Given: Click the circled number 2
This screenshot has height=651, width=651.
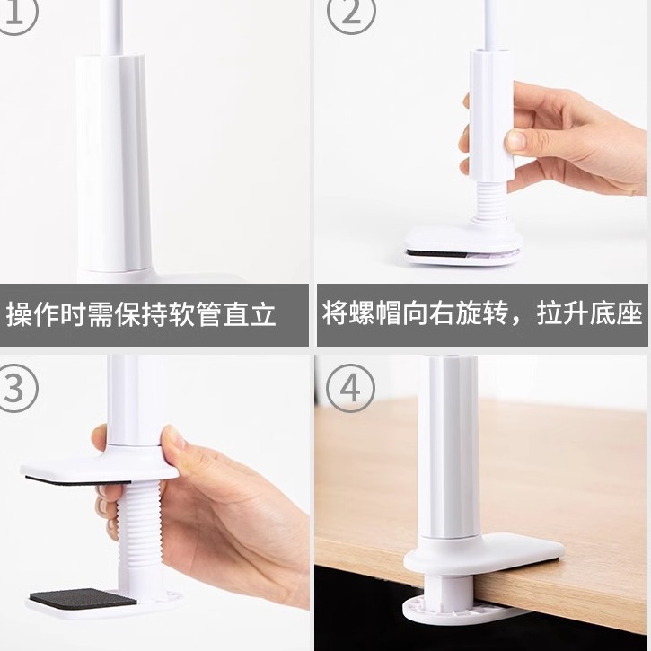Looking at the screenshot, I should (x=348, y=16).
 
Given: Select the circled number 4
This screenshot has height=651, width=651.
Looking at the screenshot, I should (x=349, y=389).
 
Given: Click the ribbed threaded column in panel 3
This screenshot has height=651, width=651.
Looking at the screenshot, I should (x=134, y=530).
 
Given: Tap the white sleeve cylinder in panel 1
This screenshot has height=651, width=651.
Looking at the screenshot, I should (x=112, y=162).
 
